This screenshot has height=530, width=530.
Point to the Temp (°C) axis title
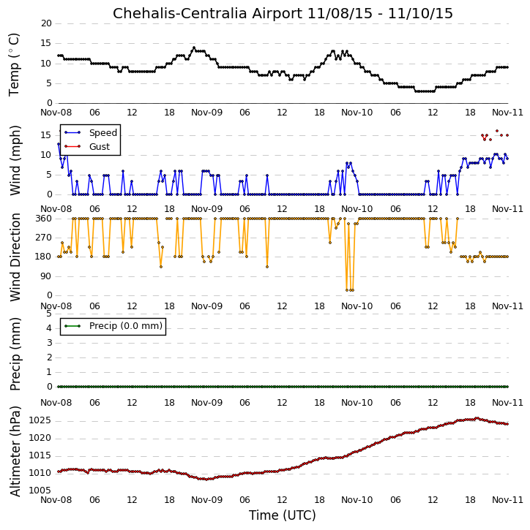pos(14,64)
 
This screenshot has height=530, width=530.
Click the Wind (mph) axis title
pos(15,161)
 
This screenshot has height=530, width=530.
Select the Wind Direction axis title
pos(15,257)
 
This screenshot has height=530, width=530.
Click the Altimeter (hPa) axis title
pos(15,452)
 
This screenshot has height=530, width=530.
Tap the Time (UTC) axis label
pos(283,515)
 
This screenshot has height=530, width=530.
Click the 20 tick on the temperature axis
pos(46,23)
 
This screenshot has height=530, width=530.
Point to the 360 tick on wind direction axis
pos(44,219)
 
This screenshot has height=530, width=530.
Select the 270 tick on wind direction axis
pos(44,238)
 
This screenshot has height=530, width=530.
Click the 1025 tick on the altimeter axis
pos(40,421)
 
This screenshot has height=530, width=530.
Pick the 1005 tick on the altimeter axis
pos(40,491)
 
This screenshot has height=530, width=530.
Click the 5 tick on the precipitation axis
pos(49,314)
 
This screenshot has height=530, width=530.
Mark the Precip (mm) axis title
pos(15,355)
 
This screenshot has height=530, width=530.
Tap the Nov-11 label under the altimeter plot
pos(507,500)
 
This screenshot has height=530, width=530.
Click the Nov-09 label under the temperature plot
pos(206,113)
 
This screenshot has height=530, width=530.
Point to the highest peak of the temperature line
pos(194,48)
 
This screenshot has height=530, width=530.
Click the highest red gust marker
pos(497,131)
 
